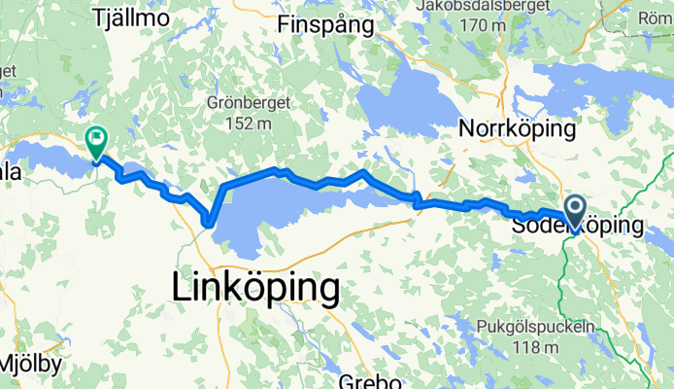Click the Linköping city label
tap(255, 288)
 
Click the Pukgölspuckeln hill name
tap(536, 326)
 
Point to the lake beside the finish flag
tap(49, 156)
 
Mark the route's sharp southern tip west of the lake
tap(209, 224)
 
